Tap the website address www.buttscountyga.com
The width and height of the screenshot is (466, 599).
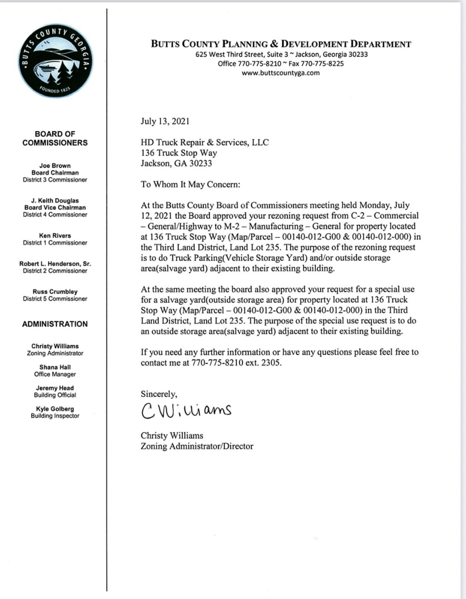(x=281, y=73)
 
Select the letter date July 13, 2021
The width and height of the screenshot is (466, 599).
(x=165, y=121)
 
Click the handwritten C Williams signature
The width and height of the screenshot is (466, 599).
(x=186, y=410)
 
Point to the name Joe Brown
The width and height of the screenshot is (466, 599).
(x=55, y=166)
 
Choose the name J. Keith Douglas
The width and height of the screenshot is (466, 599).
(x=55, y=201)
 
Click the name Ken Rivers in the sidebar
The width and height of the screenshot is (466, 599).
(x=55, y=236)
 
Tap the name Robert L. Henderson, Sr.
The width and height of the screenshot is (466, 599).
(x=55, y=264)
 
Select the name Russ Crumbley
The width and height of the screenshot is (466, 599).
(x=55, y=292)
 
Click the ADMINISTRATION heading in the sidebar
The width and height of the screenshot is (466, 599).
(x=55, y=324)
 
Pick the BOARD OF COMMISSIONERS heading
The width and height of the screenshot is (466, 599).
(x=55, y=138)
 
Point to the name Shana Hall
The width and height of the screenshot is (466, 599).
(x=55, y=367)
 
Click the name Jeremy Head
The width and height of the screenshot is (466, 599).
(x=55, y=388)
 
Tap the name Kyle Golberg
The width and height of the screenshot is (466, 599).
(x=55, y=409)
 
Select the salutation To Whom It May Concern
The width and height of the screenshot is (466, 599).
(x=190, y=184)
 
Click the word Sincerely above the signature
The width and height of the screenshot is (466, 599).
(x=159, y=394)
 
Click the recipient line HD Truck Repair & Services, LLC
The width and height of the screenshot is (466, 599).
(x=205, y=142)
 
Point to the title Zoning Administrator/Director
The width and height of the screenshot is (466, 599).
(x=197, y=447)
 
